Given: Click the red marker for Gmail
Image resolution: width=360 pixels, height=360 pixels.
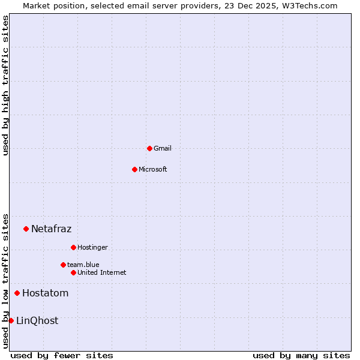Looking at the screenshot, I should click(x=149, y=148).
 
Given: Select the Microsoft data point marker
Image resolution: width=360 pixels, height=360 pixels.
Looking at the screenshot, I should click(x=134, y=169).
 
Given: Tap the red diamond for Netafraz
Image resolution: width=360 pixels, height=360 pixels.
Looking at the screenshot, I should click(x=26, y=229).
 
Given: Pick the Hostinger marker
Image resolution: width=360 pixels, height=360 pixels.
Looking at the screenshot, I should click(x=73, y=247).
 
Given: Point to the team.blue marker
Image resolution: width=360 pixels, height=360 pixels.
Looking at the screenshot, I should click(x=63, y=265).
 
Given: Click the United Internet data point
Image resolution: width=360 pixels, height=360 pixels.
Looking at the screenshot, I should click(x=73, y=272).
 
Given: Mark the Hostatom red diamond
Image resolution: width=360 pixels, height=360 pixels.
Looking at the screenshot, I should click(x=17, y=293).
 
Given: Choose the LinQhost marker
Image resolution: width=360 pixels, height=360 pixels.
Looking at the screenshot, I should click(x=11, y=320).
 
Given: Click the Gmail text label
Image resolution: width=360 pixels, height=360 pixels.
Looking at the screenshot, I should click(x=163, y=148).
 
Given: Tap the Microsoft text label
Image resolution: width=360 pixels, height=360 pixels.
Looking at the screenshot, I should click(x=153, y=169).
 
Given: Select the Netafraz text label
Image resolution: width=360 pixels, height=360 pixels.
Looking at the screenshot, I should click(x=51, y=229).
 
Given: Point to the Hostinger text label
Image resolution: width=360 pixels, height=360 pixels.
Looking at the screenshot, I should click(x=92, y=247).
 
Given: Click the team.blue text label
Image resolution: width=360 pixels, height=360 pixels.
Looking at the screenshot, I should click(x=83, y=265).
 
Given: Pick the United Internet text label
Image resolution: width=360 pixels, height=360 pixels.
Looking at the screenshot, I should click(x=101, y=272).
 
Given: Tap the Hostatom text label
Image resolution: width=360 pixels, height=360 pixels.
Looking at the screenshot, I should click(x=45, y=293).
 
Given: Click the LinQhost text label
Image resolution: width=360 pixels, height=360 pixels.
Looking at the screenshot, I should click(x=37, y=320).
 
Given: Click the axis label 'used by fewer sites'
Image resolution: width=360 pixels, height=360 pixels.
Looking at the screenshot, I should click(x=62, y=355).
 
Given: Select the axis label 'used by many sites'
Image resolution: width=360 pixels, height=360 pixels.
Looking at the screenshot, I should click(x=301, y=355).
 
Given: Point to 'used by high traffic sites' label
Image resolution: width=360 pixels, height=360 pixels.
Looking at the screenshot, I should click(x=6, y=85).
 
